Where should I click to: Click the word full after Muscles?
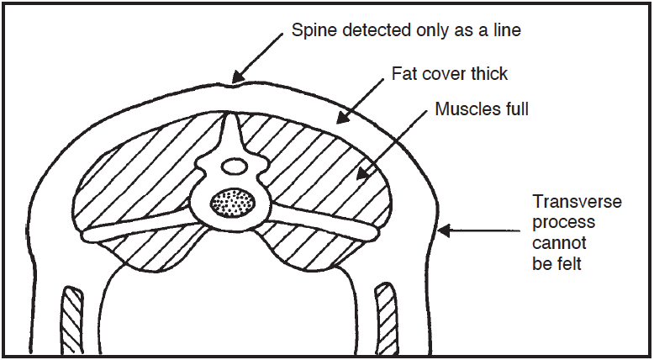(x=513, y=109)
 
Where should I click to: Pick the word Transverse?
(x=577, y=202)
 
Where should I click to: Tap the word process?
(x=563, y=223)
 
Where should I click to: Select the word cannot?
(x=559, y=243)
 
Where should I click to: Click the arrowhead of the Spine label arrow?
(x=238, y=77)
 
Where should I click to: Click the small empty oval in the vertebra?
(x=235, y=167)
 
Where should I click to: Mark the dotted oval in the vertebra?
(x=232, y=204)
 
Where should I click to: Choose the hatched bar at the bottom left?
(x=73, y=319)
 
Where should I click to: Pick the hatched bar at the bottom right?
(x=386, y=318)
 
